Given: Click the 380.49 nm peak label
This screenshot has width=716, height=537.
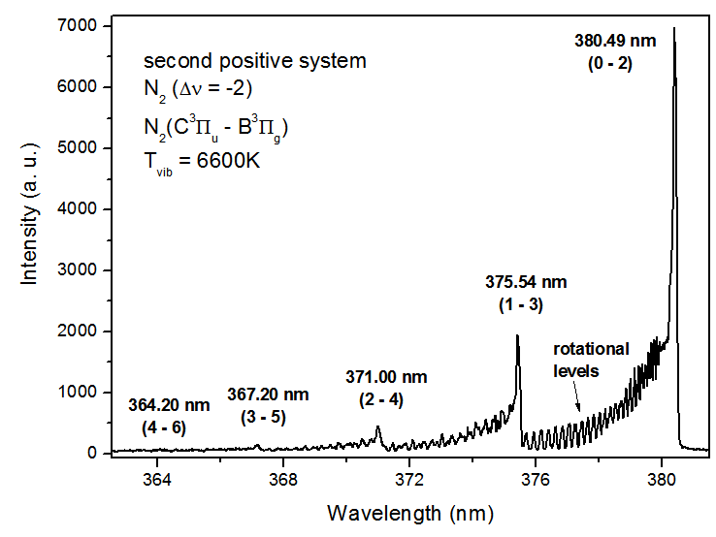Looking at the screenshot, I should [x=614, y=41].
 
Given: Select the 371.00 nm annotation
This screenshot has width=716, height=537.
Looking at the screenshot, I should [x=386, y=376].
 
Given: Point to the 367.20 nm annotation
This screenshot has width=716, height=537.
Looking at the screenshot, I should [x=268, y=395].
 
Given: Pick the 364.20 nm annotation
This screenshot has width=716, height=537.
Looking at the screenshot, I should [x=169, y=404].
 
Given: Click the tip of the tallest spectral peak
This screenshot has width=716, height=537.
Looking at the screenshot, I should [x=673, y=28].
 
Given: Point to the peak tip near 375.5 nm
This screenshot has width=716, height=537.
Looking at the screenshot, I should [x=517, y=335].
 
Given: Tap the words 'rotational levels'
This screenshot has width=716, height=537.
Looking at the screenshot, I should [x=591, y=360].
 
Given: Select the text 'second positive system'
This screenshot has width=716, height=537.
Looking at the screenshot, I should [x=254, y=61].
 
